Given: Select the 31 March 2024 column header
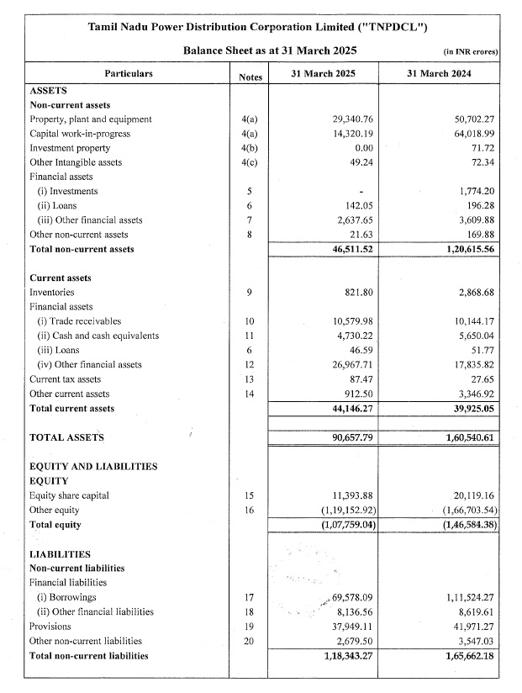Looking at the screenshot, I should pyautogui.click(x=438, y=74).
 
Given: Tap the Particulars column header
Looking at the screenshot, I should pyautogui.click(x=129, y=74).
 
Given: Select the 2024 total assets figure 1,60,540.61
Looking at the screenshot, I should pyautogui.click(x=466, y=438).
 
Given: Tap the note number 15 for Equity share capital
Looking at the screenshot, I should pyautogui.click(x=249, y=495).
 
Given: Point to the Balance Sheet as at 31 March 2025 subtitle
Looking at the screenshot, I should pyautogui.click(x=258, y=50).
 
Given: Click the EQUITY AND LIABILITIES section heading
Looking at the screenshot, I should pyautogui.click(x=93, y=467).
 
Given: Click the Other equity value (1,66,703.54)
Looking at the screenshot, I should pyautogui.click(x=465, y=510).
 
